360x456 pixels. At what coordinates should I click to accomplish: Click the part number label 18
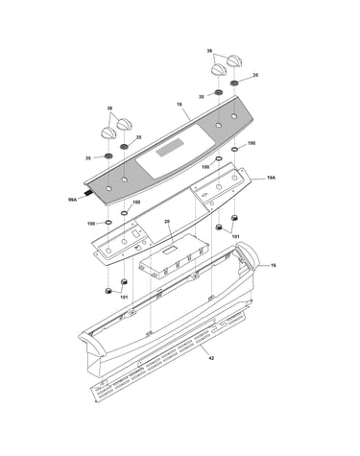coord(180,105)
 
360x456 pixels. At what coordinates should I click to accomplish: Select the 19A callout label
coord(271,178)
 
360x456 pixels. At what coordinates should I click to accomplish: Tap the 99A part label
coord(73,200)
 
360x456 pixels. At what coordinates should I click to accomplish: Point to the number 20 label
coord(167,221)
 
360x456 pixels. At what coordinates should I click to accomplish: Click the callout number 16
coord(274,265)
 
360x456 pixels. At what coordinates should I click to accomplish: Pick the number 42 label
coord(211,358)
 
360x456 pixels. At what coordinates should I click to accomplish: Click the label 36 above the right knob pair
coord(209,51)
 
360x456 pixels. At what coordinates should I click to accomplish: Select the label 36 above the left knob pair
coord(109,108)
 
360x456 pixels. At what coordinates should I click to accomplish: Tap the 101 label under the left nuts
coord(124,298)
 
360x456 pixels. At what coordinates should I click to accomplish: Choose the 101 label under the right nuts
coord(235,236)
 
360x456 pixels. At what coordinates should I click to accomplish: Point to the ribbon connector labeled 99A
coord(87,193)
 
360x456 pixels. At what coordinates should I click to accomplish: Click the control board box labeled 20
coord(174,256)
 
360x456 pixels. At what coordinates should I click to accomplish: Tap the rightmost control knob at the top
coord(234,60)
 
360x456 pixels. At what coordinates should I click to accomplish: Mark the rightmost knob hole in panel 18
coord(234,115)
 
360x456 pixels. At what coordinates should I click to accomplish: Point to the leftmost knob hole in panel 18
coord(108,188)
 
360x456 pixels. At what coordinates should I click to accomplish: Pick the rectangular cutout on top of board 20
coord(170,251)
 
